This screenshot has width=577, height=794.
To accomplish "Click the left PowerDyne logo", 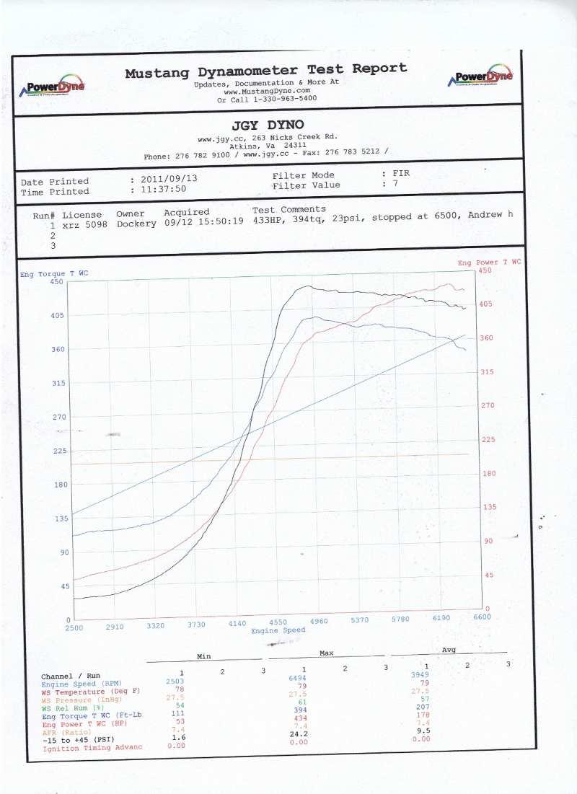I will (x=56, y=85).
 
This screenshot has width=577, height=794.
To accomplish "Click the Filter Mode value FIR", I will (x=400, y=174).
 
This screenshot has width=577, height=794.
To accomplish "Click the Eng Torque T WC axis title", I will (x=54, y=273).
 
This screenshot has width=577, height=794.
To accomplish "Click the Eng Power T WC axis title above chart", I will (x=488, y=263).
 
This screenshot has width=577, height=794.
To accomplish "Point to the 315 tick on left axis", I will (x=58, y=383).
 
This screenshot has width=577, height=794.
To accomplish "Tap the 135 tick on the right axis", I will (x=489, y=507).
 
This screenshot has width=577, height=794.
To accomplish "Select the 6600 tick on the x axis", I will (x=481, y=617).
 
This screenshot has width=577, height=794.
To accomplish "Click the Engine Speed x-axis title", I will (x=278, y=630).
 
